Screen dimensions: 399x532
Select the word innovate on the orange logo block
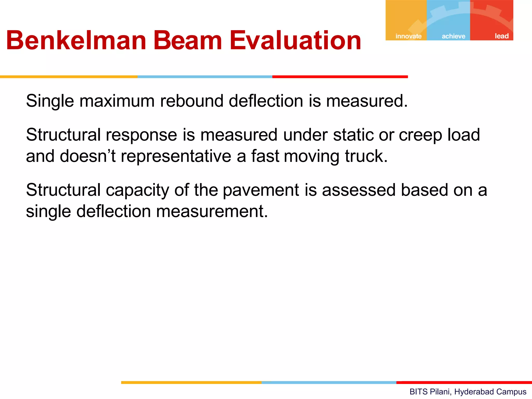[x=408, y=36]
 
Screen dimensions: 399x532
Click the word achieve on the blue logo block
[x=453, y=36]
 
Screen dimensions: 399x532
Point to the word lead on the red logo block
[x=501, y=36]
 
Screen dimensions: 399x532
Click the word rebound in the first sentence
[x=191, y=101]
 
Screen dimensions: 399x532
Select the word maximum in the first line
[x=117, y=101]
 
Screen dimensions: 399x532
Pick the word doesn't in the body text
[x=88, y=156]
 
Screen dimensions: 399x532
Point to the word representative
[x=176, y=156]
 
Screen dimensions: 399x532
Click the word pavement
[x=261, y=190]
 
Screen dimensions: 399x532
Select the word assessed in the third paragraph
[x=359, y=190]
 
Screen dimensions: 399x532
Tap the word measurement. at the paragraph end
[x=212, y=211]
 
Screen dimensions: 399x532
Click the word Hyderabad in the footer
[x=470, y=391]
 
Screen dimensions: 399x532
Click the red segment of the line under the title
[x=340, y=77]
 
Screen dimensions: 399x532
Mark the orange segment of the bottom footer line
[x=191, y=382]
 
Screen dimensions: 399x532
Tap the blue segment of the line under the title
[x=205, y=77]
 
